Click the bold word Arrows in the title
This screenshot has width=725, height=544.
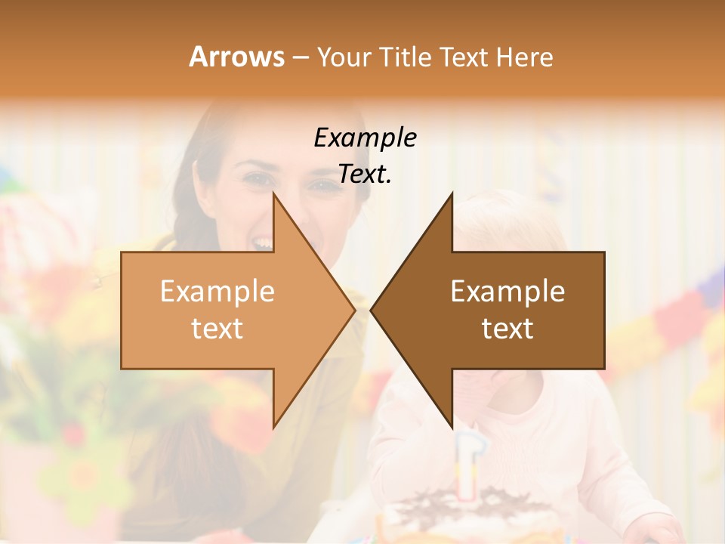tap(236, 57)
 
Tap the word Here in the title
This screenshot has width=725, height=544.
tap(525, 57)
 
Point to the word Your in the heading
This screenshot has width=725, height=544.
tap(344, 57)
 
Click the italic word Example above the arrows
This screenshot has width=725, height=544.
tap(365, 138)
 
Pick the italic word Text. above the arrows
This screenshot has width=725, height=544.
tap(365, 175)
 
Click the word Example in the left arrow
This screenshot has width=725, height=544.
tap(217, 291)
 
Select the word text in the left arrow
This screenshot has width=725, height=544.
tap(217, 328)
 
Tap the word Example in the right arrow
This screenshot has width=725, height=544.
tap(507, 291)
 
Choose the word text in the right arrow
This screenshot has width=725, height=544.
tap(507, 328)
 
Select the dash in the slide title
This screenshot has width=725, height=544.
tap(300, 57)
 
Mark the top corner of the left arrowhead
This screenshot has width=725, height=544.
tap(274, 193)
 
